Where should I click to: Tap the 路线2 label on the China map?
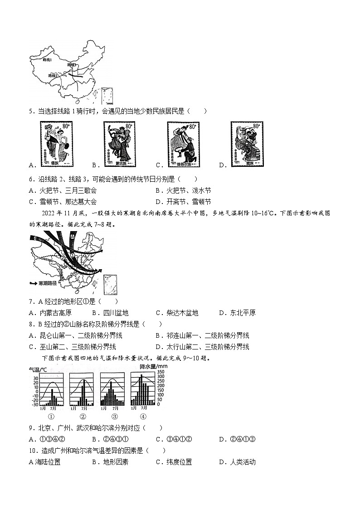coord(54,76)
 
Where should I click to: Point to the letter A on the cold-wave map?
coord(73,237)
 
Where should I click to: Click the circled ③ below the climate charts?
coord(114,417)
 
